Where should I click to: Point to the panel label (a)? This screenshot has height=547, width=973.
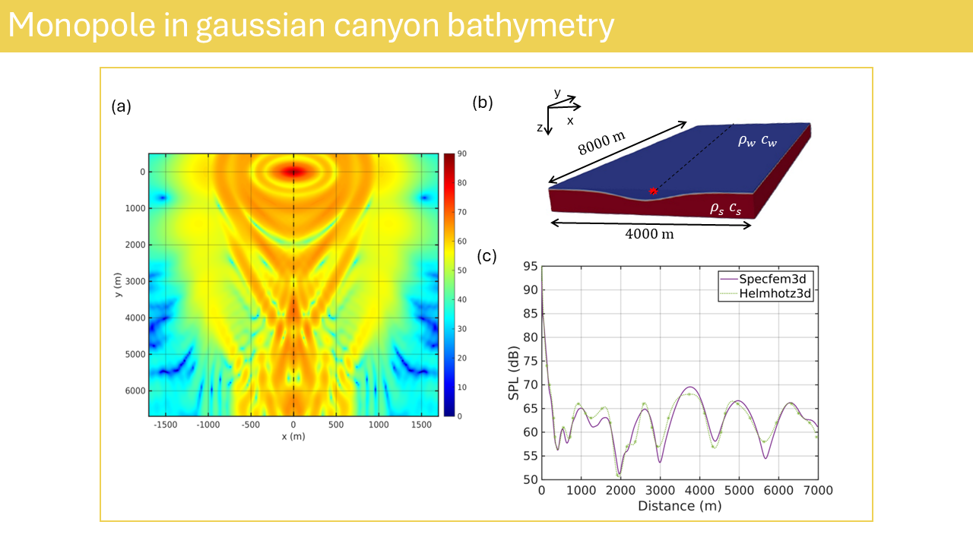coord(121,106)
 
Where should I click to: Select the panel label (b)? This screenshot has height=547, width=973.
coord(483,103)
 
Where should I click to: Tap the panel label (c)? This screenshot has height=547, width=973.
coord(486,256)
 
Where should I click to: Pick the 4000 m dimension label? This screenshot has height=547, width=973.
coord(649,234)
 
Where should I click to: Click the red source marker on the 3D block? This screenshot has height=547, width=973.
coord(652,191)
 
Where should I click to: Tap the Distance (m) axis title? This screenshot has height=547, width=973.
coord(679,506)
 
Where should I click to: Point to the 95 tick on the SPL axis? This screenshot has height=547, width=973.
coord(530,267)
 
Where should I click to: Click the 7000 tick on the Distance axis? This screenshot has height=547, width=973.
coord(817,491)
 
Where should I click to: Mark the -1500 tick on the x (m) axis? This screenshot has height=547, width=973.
coord(165,425)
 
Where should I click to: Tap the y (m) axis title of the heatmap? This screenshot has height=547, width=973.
coord(119,285)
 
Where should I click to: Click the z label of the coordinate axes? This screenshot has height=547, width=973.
coord(540,128)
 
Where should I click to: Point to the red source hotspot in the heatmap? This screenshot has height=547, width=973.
coord(294,172)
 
